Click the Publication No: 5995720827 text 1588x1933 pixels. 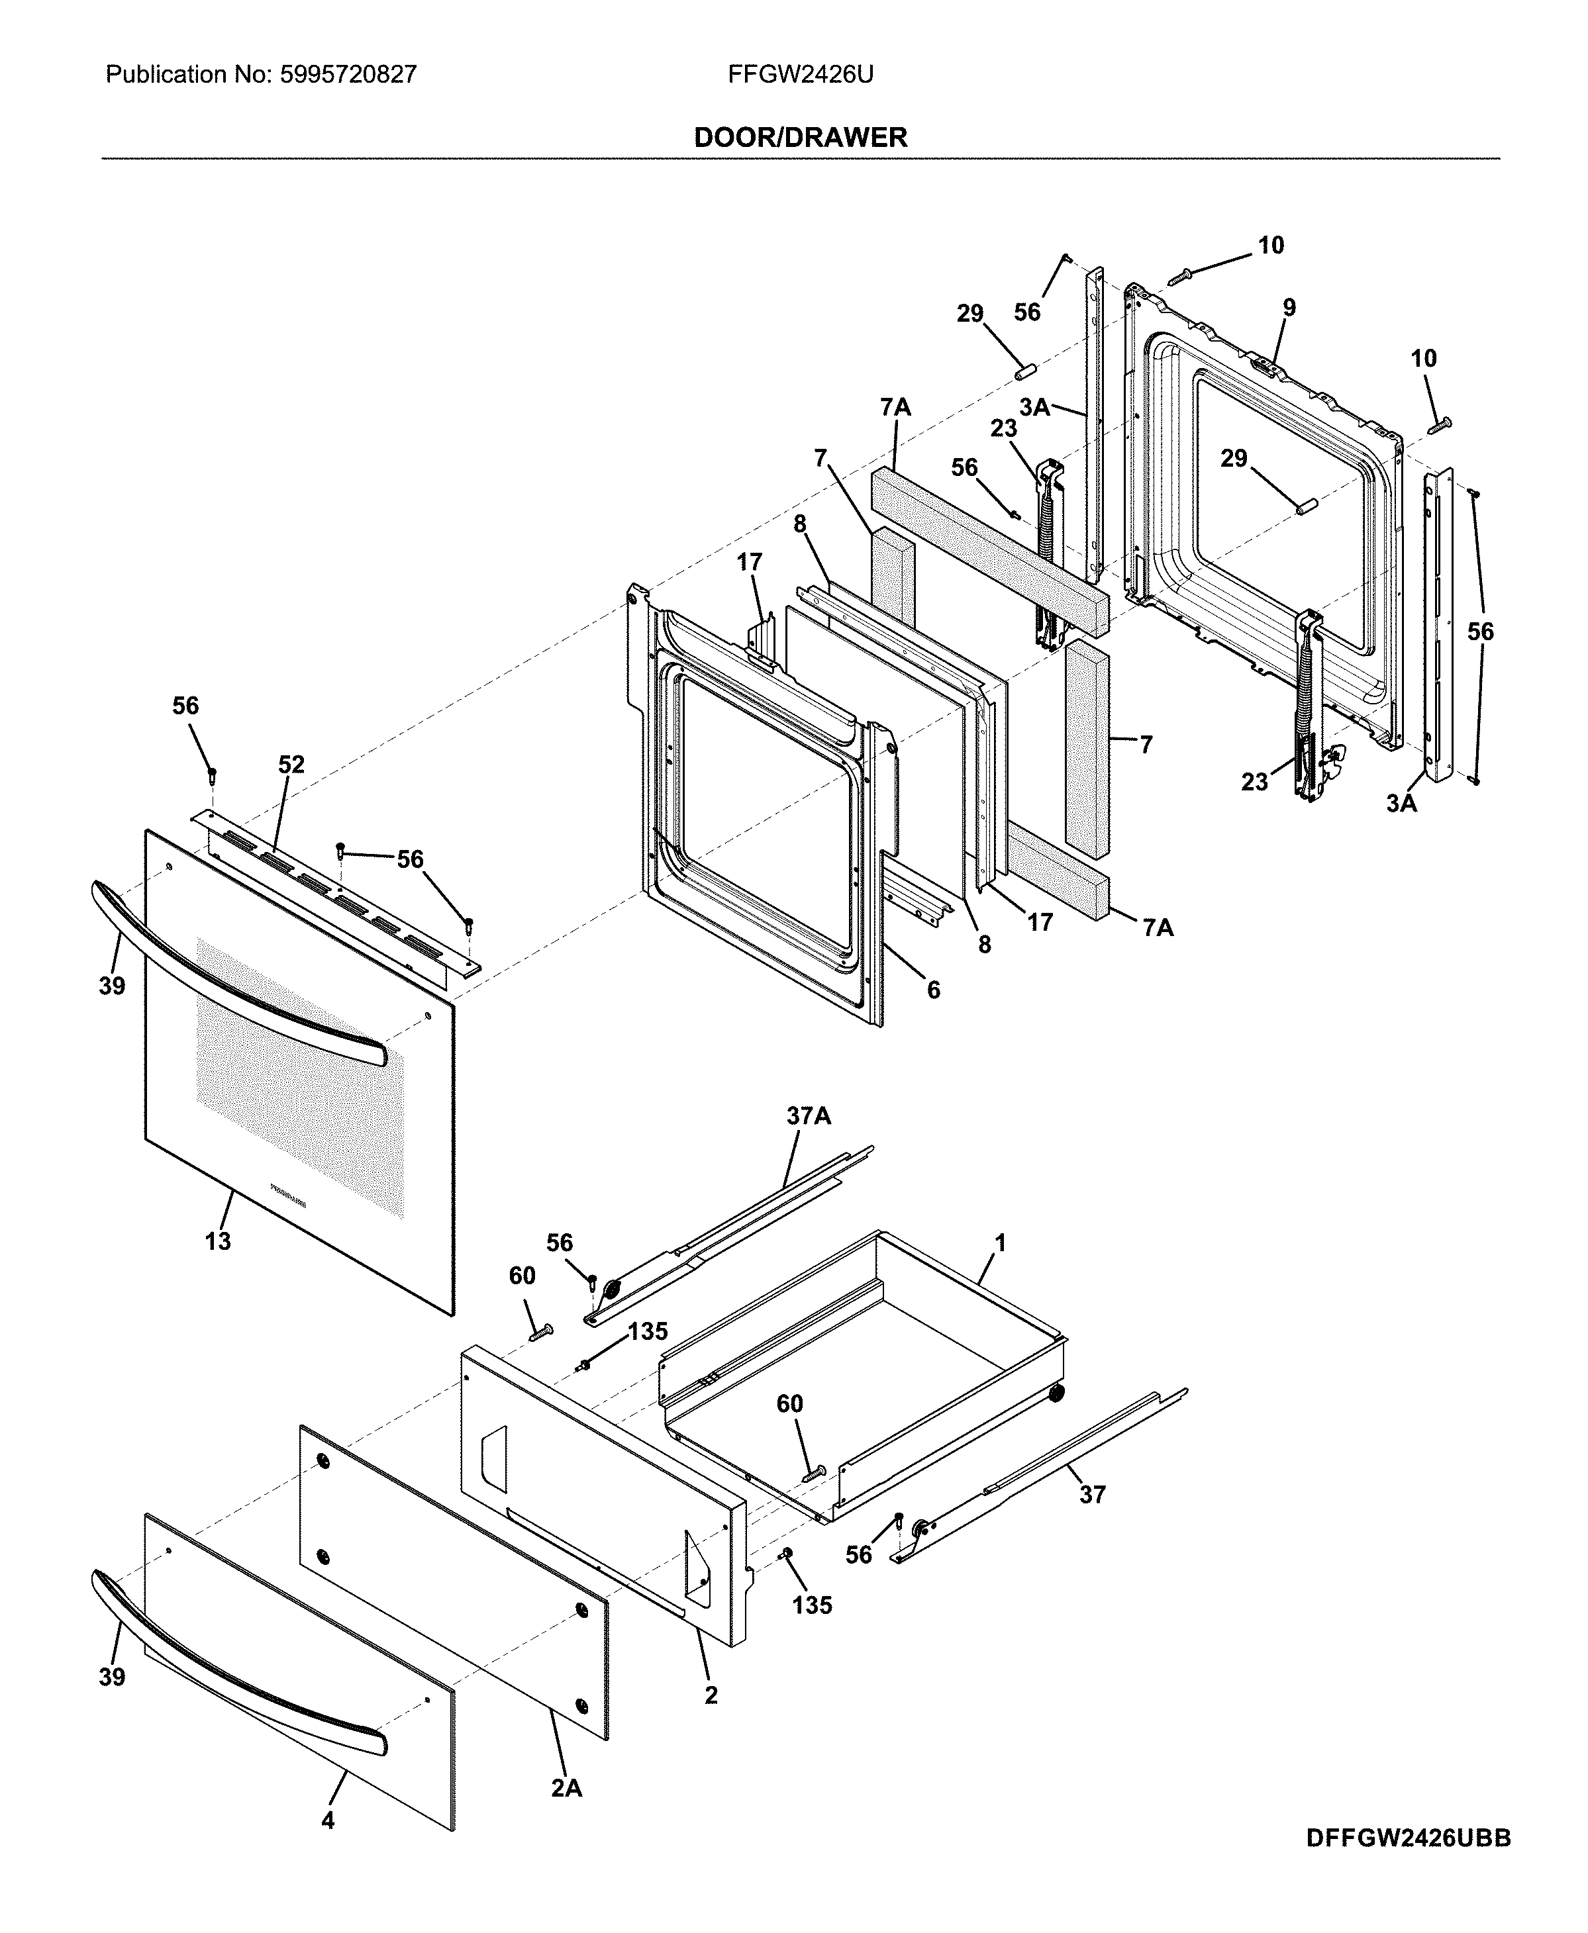tap(261, 74)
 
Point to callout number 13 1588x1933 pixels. tap(218, 1241)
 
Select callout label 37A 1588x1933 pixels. tap(809, 1115)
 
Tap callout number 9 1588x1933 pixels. tap(1288, 307)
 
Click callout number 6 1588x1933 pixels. tap(933, 990)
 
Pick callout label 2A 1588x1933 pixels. tap(566, 1814)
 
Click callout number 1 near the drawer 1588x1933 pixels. tap(1000, 1243)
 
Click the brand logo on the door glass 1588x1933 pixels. tap(288, 1197)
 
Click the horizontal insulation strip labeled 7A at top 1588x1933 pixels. tap(988, 549)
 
